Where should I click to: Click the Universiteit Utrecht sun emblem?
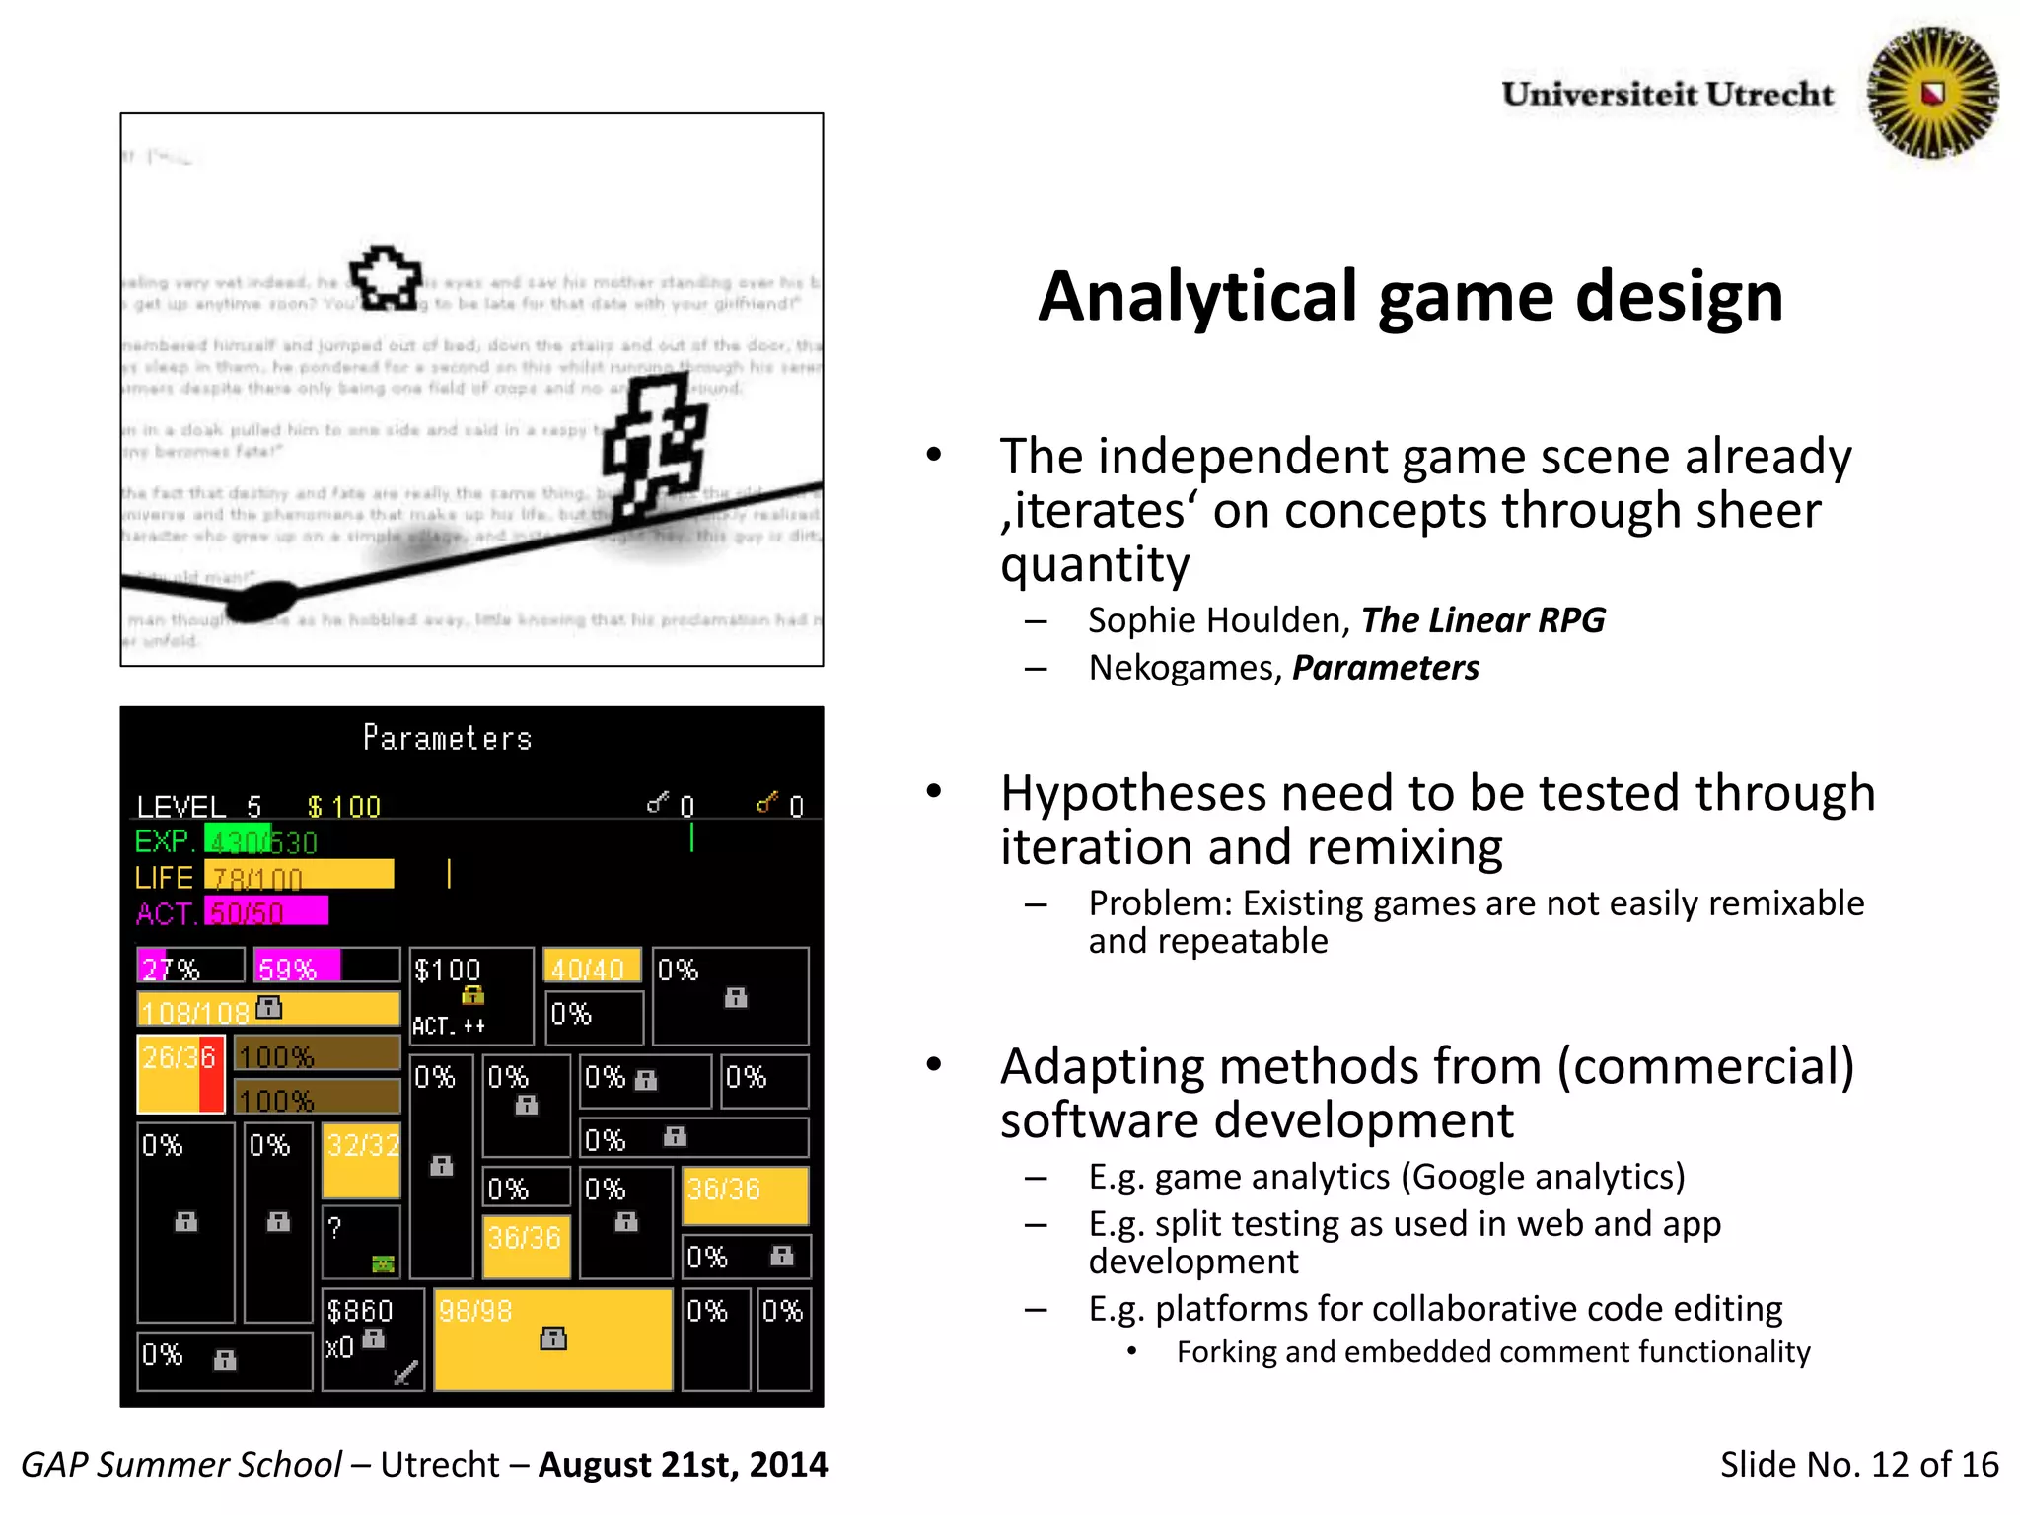coord(1932,93)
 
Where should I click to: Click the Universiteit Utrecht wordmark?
coord(1667,94)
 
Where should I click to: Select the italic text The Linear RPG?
coord(1482,620)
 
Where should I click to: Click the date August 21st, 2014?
coord(683,1465)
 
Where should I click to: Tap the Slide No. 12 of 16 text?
coord(1858,1465)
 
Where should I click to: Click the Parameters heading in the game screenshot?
coord(447,738)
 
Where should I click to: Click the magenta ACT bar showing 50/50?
coord(265,911)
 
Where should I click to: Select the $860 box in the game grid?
coord(372,1337)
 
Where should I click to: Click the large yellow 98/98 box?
coord(552,1337)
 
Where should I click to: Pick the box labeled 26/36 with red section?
coord(180,1073)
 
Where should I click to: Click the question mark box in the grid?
coord(361,1241)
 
